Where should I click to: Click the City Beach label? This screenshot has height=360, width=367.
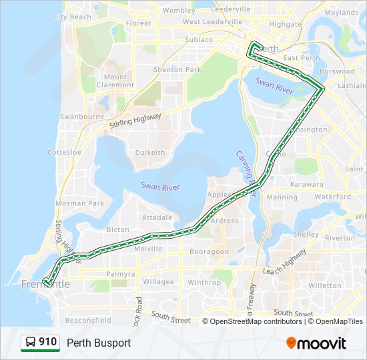click(71, 17)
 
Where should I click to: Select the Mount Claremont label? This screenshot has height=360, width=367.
click(115, 81)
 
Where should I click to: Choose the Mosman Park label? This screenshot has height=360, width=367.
click(79, 203)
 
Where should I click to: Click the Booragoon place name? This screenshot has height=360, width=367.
click(209, 251)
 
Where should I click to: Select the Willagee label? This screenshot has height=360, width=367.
click(158, 282)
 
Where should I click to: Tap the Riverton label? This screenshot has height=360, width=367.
click(340, 237)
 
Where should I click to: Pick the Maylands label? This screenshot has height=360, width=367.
click(342, 13)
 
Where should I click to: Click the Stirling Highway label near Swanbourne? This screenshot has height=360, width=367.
click(135, 121)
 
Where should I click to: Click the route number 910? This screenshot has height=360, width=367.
click(47, 343)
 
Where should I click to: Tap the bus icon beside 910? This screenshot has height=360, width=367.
click(31, 343)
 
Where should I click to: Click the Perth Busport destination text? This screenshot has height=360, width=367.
click(99, 343)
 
